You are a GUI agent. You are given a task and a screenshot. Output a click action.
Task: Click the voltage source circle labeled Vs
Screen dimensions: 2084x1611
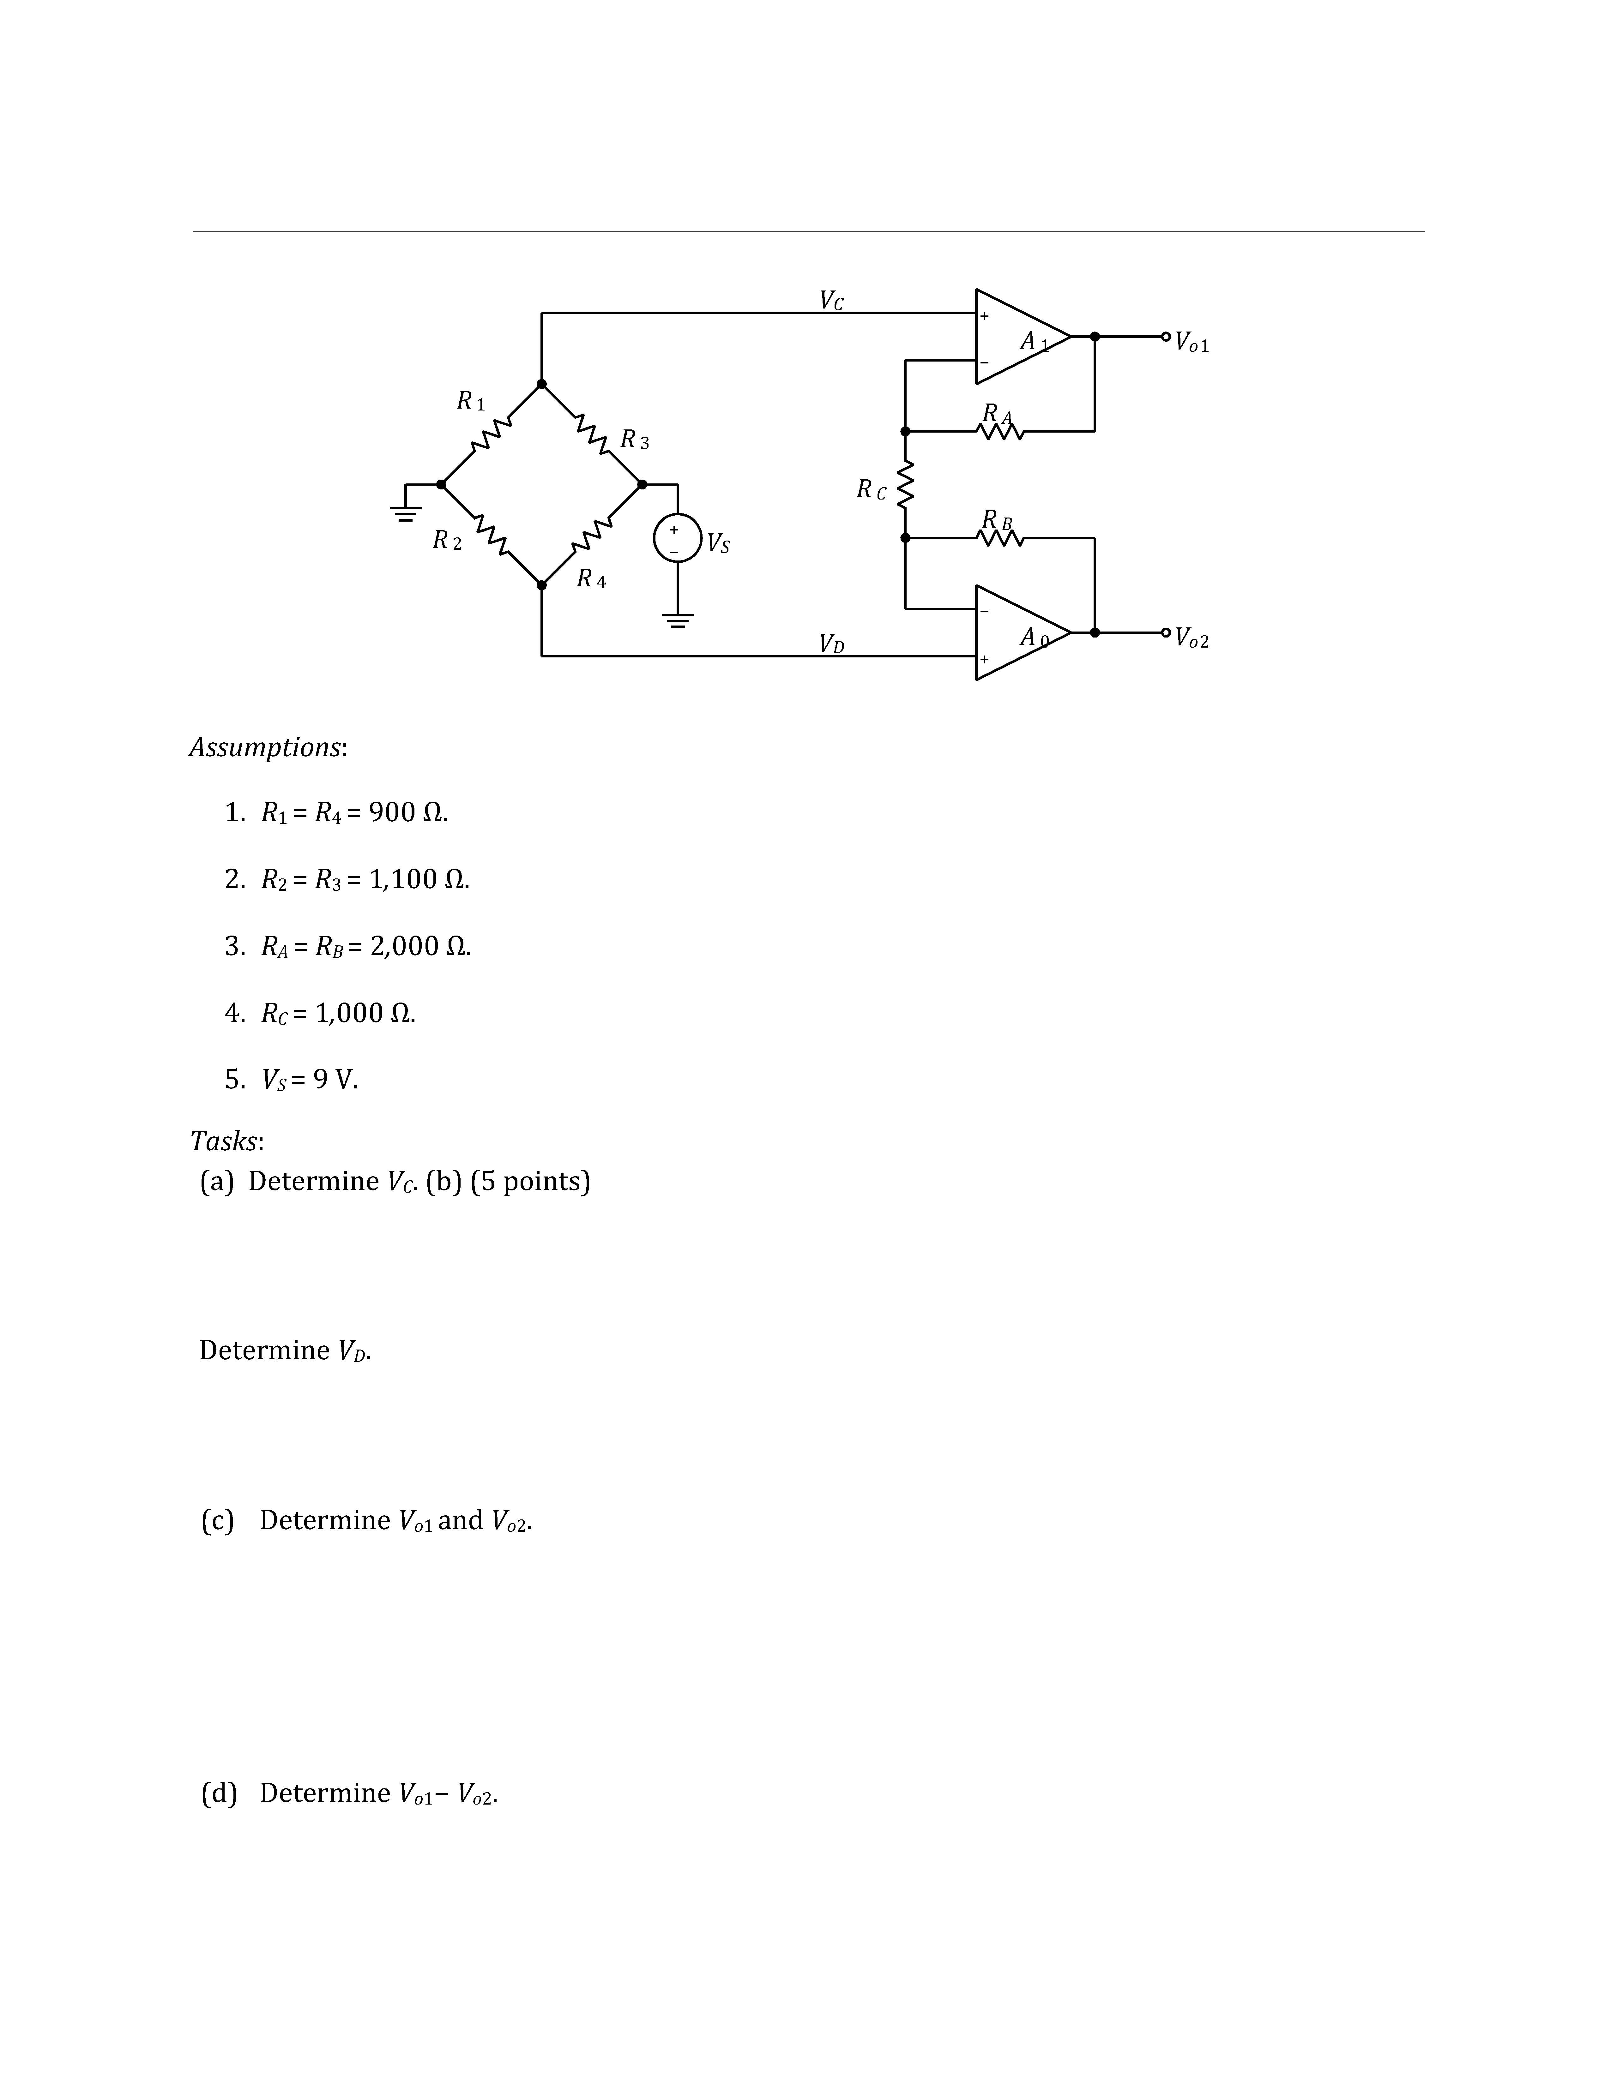(677, 538)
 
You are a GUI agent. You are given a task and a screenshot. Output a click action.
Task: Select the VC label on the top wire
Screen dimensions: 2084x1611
(831, 301)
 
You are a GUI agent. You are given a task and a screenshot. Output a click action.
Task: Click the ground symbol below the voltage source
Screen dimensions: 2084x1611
(677, 620)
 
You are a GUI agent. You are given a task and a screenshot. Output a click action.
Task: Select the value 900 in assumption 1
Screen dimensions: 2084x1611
(391, 813)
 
